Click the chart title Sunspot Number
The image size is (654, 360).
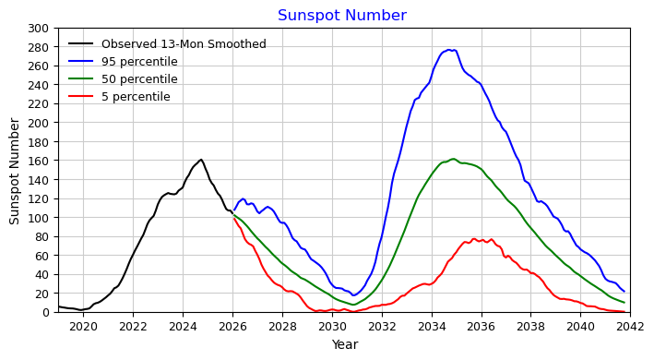pos(342,16)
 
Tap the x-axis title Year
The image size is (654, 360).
pos(344,344)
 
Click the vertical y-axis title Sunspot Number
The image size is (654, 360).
pos(14,171)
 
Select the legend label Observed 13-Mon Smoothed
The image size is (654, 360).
pos(184,43)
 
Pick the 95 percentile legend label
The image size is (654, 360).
pos(139,62)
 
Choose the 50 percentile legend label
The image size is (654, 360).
pos(139,79)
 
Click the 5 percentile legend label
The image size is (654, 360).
pos(136,97)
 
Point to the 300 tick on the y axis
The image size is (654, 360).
pos(38,29)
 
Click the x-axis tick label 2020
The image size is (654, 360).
pos(83,327)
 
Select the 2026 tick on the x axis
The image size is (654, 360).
pos(232,327)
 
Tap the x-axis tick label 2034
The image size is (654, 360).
pos(432,327)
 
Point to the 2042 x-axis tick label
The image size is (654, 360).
pos(630,327)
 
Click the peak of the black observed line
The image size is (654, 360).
pos(201,160)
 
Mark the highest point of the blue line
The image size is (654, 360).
pos(449,50)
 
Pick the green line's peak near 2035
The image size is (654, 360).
pos(454,159)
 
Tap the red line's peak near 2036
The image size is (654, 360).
pos(474,239)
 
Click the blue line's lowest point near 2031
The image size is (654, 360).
pos(353,295)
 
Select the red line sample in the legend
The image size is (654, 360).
pos(81,96)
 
